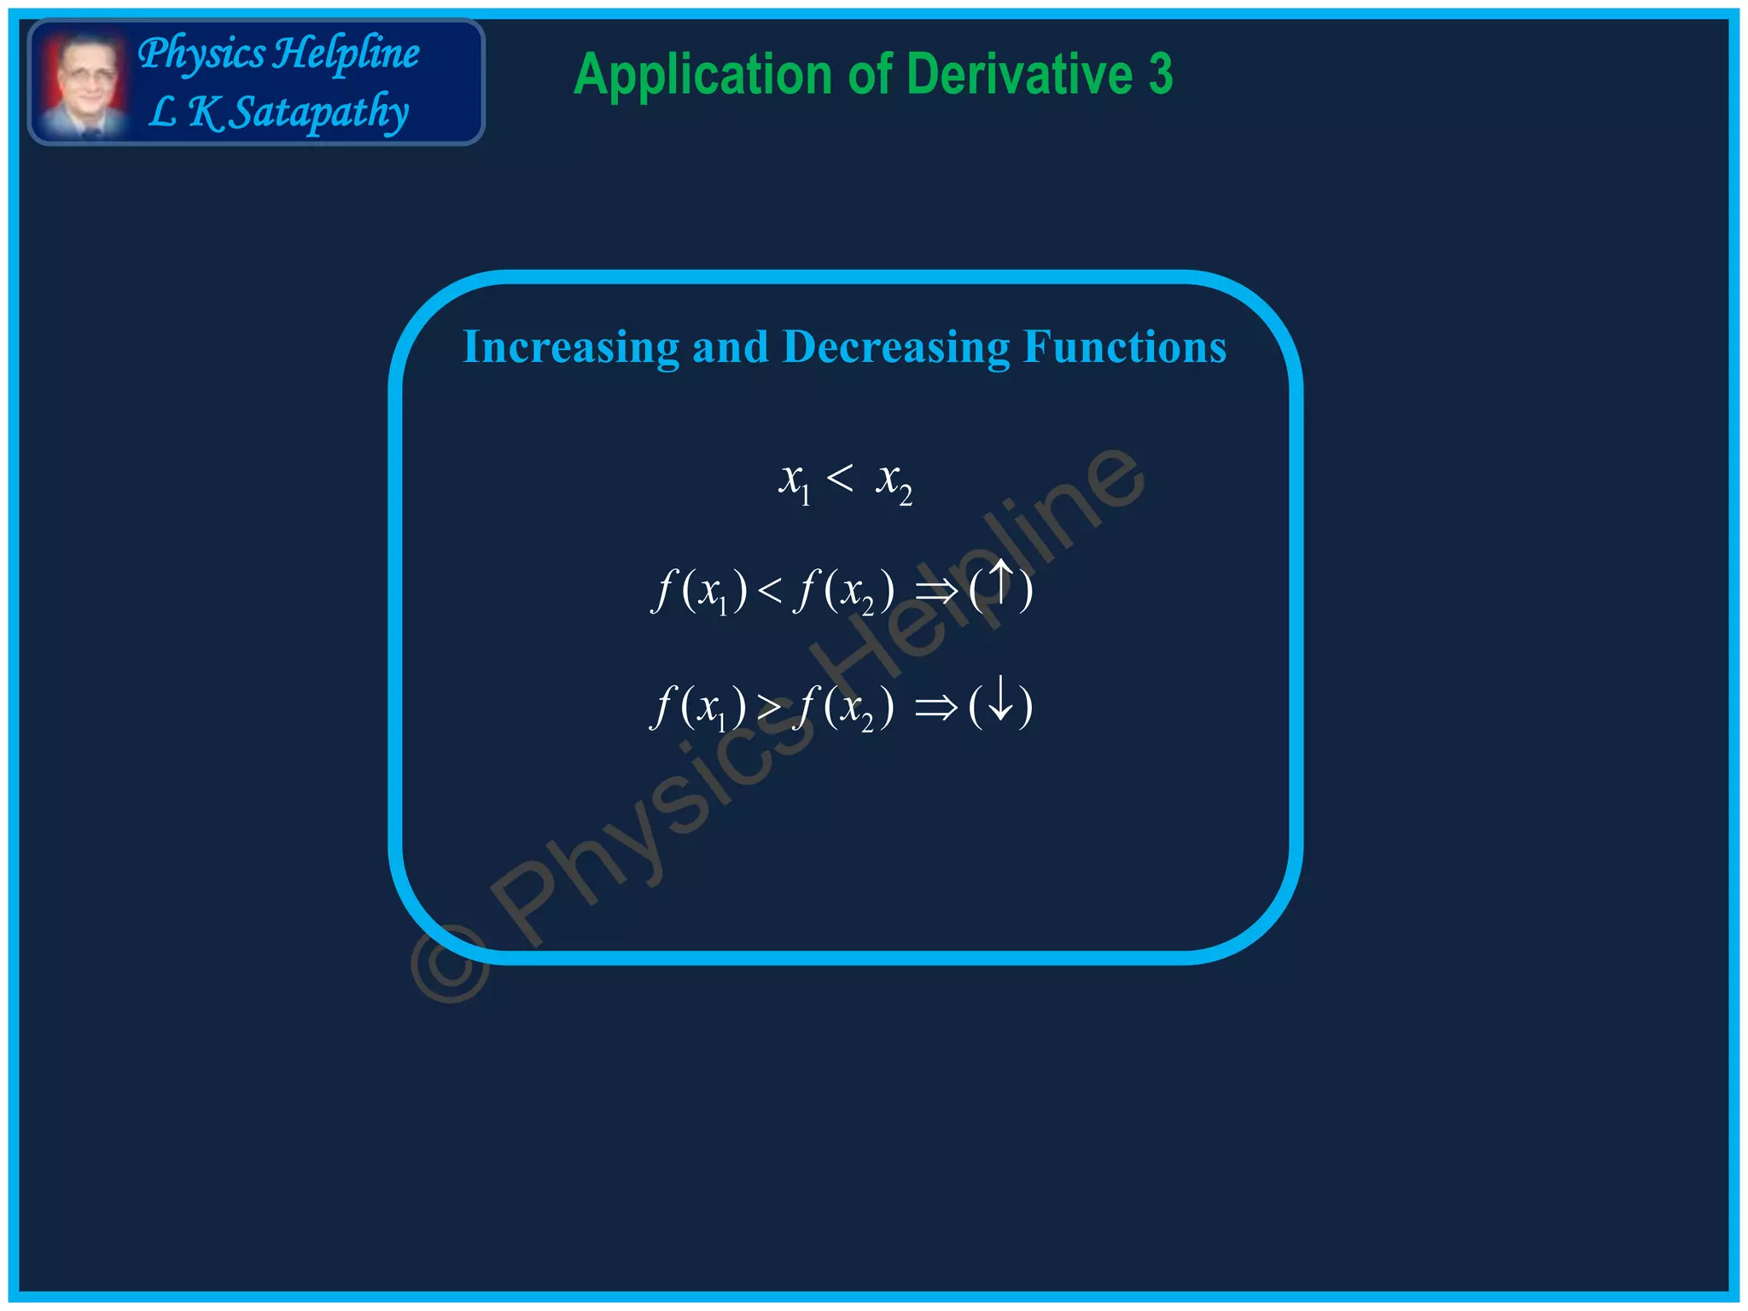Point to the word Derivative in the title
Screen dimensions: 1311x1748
[1019, 75]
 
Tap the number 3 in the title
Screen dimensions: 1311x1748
[1161, 75]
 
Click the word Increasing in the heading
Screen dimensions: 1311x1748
[571, 347]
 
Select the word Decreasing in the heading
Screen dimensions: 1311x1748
[896, 347]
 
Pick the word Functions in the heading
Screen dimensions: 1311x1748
[1125, 347]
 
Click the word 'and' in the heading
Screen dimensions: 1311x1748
[731, 347]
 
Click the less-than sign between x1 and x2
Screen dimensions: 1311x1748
[840, 478]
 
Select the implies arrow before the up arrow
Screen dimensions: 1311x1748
[936, 591]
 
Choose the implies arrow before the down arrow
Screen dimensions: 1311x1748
[936, 708]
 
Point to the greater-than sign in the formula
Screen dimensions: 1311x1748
[769, 708]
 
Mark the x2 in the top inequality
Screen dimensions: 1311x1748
[894, 482]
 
